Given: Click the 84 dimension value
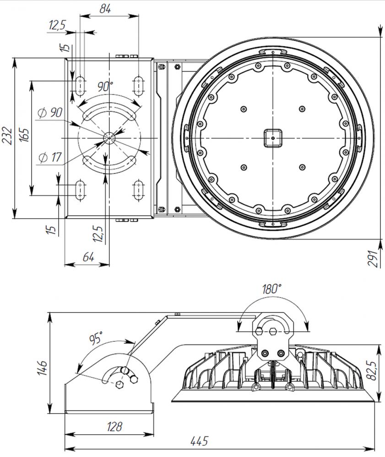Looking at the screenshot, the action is click(105, 9).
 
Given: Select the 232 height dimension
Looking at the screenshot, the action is click(7, 136).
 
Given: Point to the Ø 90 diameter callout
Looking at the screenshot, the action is click(50, 112).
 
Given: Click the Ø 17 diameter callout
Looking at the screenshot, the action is click(50, 157).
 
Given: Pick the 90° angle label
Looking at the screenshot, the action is click(105, 86).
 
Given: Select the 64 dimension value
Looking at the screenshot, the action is click(88, 257).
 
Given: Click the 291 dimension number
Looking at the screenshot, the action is click(373, 258).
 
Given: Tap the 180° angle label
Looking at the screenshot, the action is click(271, 289).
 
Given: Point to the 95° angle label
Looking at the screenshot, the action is click(96, 338).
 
